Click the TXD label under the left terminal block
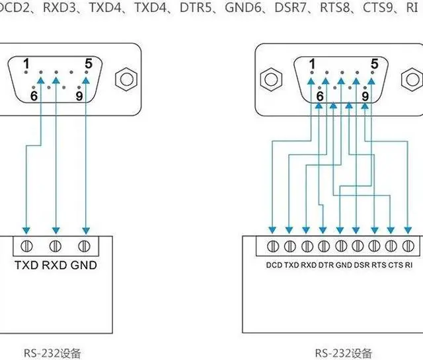(26, 265)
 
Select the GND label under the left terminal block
(84, 265)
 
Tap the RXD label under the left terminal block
(54, 265)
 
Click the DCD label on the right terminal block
(274, 265)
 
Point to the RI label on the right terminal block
(408, 265)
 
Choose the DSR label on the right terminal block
(362, 265)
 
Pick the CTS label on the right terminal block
(395, 265)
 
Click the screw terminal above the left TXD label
(26, 246)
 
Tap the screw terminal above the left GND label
(84, 246)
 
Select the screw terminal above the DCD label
(273, 246)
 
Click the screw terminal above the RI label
(408, 246)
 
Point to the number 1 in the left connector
(26, 64)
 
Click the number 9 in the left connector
(79, 96)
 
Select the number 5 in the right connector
(375, 64)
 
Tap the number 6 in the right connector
(320, 96)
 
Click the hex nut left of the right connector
(271, 79)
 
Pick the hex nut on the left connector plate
(126, 79)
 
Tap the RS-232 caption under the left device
(52, 353)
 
